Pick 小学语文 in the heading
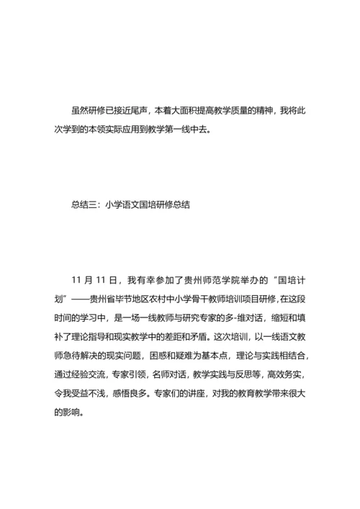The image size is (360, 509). (x=125, y=204)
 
